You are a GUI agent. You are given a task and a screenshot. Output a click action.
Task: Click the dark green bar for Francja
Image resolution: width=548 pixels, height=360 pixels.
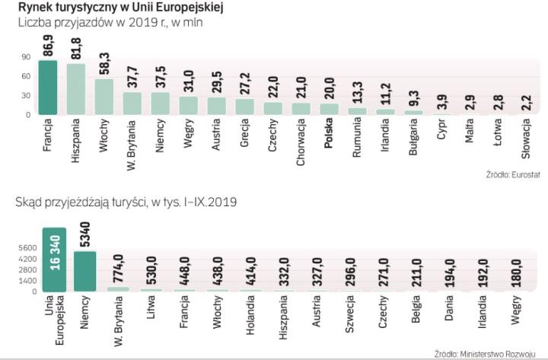click(x=49, y=88)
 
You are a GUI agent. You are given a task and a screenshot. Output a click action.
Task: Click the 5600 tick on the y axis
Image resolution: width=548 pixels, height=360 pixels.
click(x=27, y=247)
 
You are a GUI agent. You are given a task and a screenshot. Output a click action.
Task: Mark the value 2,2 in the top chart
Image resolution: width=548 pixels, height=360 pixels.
click(x=525, y=103)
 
